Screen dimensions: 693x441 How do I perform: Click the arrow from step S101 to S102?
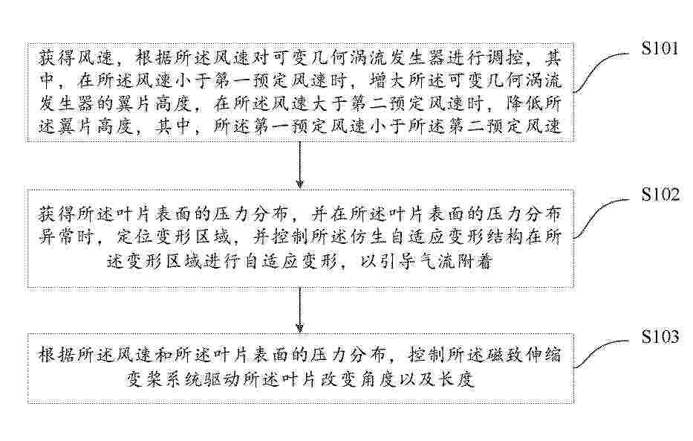pyautogui.click(x=299, y=165)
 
